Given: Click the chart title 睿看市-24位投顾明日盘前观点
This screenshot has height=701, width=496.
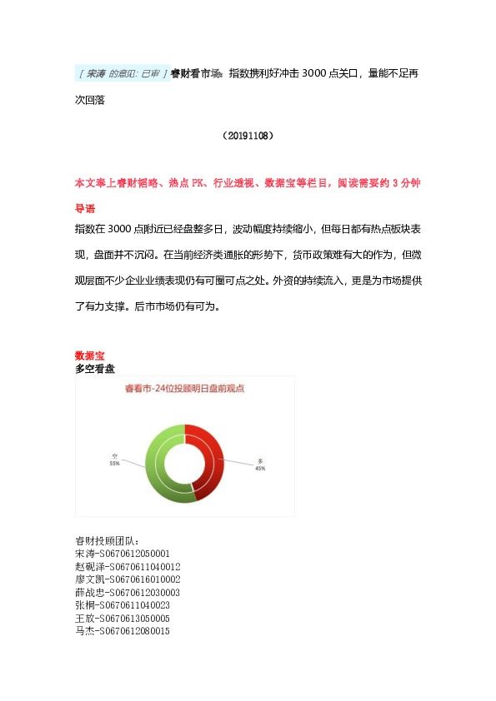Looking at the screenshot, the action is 184,387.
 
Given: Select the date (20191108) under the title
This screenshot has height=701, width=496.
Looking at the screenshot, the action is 248,135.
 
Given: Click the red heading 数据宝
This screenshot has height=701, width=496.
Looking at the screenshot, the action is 89,355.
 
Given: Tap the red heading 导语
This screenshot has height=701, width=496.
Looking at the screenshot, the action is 85,208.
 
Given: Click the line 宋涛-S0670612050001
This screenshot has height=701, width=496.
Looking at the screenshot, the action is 123,553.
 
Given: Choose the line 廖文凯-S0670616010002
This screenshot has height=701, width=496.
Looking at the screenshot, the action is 128,579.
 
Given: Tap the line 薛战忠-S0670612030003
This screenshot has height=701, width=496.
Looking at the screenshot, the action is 128,592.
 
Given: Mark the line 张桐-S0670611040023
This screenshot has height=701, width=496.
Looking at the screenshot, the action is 123,605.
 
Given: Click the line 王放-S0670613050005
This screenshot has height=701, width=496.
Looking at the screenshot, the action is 123,619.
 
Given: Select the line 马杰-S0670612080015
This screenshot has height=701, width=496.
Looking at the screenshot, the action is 123,632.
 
